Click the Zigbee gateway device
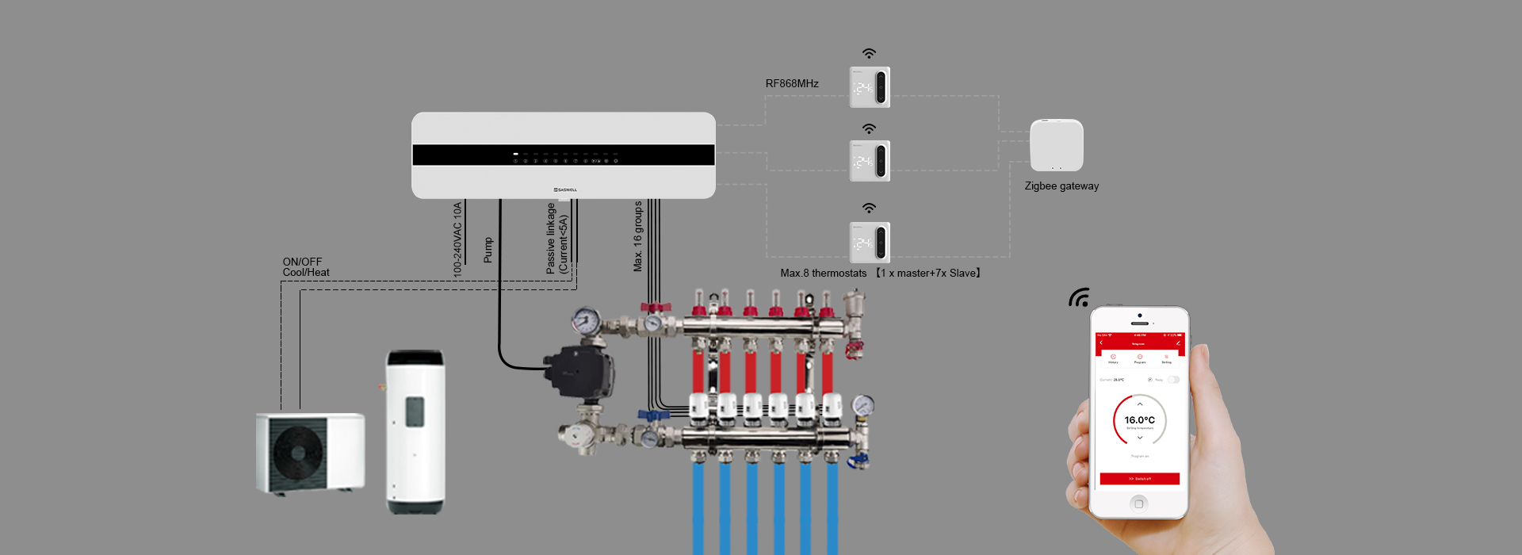pyautogui.click(x=1056, y=145)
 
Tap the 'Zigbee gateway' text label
pyautogui.click(x=1061, y=186)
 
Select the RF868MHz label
pyautogui.click(x=791, y=83)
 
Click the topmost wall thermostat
pyautogui.click(x=870, y=87)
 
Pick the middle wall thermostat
pyautogui.click(x=870, y=161)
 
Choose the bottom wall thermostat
pyautogui.click(x=870, y=242)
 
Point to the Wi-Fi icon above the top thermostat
pyautogui.click(x=870, y=54)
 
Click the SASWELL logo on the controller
pyautogui.click(x=565, y=189)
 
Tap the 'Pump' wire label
pyautogui.click(x=488, y=250)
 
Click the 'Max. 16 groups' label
pyautogui.click(x=637, y=236)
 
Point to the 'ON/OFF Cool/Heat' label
pyautogui.click(x=305, y=267)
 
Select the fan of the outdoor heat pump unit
pyautogui.click(x=297, y=453)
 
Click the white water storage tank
pyautogui.click(x=415, y=432)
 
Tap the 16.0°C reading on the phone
pyautogui.click(x=1139, y=420)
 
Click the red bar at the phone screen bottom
pyautogui.click(x=1139, y=479)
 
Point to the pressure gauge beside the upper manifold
pyautogui.click(x=586, y=321)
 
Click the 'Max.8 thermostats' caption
pyautogui.click(x=823, y=274)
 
